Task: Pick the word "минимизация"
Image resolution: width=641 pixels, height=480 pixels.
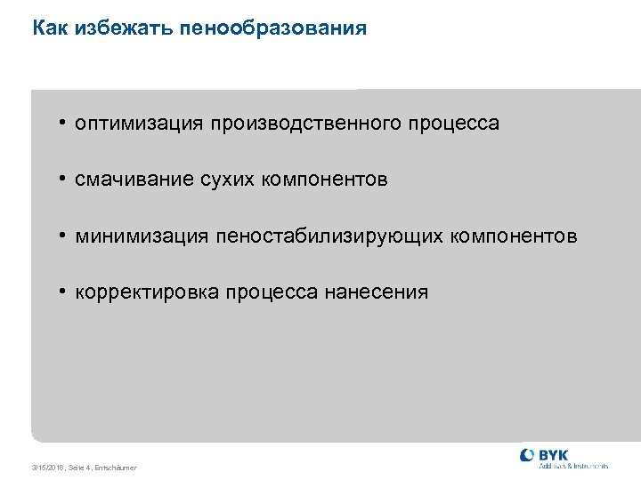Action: [x=142, y=236]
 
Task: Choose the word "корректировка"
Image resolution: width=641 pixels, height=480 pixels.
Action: [x=147, y=292]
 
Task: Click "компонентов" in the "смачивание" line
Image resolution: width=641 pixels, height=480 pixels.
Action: [x=326, y=180]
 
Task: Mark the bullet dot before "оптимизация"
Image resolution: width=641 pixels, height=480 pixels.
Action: [x=64, y=123]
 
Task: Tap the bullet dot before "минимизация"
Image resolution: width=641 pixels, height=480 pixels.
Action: [x=64, y=236]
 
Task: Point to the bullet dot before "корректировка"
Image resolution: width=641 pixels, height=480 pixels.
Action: [x=64, y=292]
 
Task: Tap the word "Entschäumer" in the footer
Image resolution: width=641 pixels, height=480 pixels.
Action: [x=118, y=468]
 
